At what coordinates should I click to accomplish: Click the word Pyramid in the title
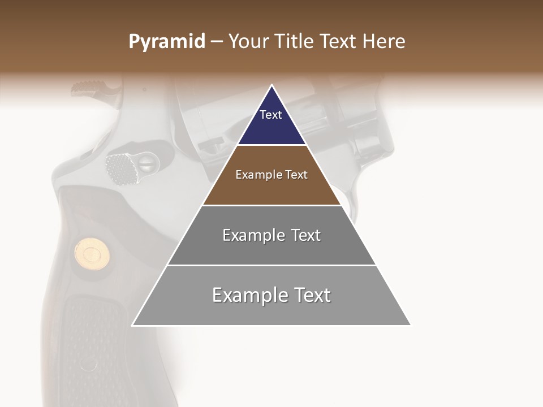(167, 42)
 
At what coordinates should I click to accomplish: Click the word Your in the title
(247, 42)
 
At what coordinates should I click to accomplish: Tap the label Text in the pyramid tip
(271, 115)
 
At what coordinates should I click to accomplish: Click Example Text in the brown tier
(271, 175)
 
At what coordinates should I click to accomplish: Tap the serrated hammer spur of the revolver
(90, 88)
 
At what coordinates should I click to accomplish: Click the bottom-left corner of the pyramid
(133, 325)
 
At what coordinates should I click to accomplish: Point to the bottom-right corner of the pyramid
(410, 325)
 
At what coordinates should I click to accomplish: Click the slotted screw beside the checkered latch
(146, 164)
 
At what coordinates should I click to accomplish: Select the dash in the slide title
(216, 42)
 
